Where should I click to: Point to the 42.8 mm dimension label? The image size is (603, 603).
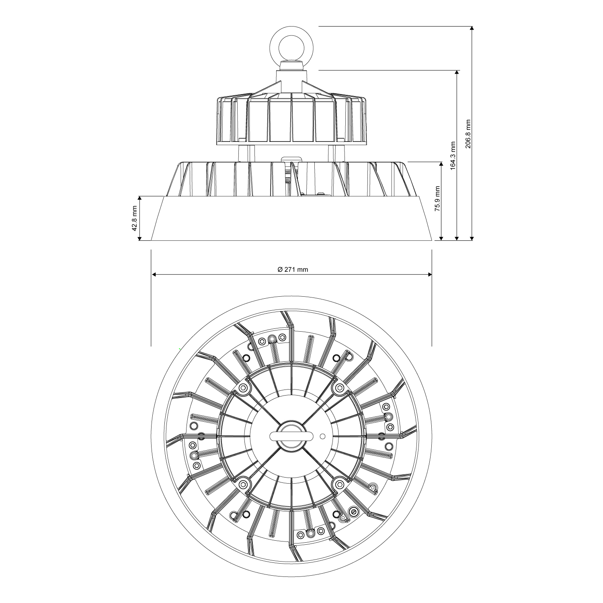135,218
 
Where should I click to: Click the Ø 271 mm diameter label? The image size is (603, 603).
293,270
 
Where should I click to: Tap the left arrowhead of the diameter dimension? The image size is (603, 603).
154,275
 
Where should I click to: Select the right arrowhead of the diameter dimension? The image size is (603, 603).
429,275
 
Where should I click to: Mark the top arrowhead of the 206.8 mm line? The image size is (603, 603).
472,29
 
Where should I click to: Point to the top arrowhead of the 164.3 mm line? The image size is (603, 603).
457,73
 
